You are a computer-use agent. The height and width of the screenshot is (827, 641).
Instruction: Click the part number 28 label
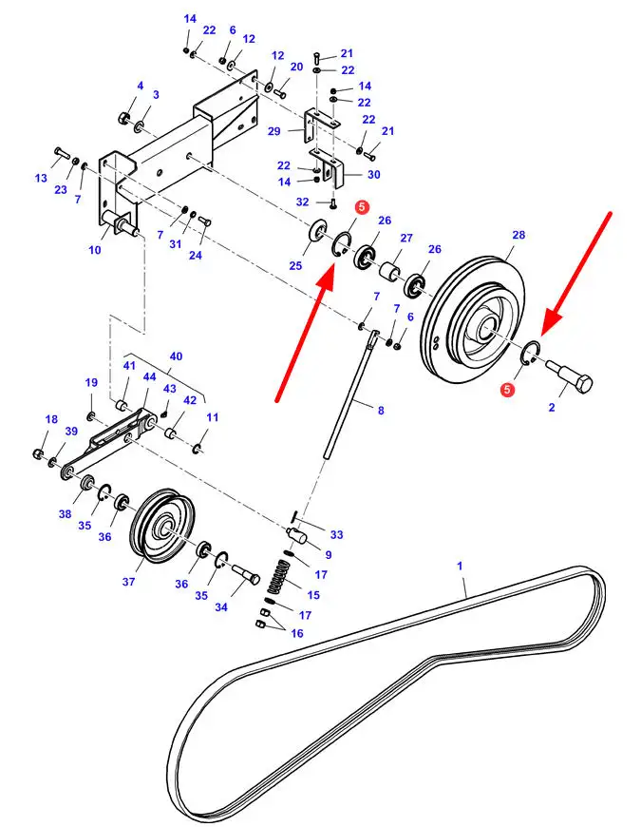click(x=518, y=234)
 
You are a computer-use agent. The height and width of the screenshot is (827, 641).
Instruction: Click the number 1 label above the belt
click(x=461, y=566)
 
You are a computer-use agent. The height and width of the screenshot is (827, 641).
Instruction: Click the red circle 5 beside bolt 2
click(x=508, y=388)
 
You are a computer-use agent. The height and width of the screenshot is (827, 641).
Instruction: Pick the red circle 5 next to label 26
click(x=361, y=206)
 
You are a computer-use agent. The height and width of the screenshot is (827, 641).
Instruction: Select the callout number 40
click(x=176, y=356)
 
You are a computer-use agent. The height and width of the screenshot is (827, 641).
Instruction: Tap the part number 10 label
click(x=95, y=250)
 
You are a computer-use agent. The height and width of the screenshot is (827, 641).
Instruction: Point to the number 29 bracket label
click(x=274, y=130)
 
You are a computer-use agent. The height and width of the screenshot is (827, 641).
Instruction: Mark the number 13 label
click(x=41, y=178)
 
